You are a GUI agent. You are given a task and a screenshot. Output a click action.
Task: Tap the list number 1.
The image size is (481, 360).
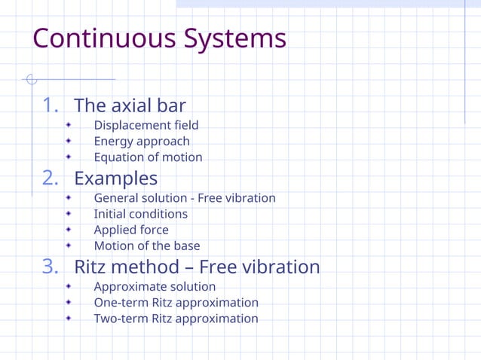[51, 105]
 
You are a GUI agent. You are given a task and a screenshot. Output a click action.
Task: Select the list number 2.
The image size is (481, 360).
[51, 178]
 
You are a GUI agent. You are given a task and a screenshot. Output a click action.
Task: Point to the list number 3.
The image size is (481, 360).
[51, 267]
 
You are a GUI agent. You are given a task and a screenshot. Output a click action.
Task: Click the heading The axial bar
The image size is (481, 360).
[130, 105]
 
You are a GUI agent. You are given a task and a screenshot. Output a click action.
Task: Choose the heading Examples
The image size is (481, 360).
[115, 178]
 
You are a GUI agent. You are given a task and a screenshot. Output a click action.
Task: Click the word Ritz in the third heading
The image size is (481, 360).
[94, 267]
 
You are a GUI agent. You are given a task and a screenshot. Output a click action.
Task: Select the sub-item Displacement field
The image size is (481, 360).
[146, 125]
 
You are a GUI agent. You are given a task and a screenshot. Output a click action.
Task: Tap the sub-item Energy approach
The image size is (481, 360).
[142, 141]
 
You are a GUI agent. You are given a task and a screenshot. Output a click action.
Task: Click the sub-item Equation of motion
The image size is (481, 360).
[148, 157]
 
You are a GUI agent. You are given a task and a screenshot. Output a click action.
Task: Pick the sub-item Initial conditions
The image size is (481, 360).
[140, 214]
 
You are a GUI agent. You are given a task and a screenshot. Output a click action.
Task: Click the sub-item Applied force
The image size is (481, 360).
[131, 230]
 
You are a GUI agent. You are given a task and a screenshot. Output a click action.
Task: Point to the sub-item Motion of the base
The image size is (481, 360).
[147, 246]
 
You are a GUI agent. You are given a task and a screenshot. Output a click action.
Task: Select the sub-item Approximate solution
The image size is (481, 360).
[155, 287]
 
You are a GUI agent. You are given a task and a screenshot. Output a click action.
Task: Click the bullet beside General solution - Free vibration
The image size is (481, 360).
[69, 198]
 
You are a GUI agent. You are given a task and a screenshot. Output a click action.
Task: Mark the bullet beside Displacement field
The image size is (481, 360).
[69, 125]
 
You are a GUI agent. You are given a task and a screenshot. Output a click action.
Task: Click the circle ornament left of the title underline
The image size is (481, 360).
[31, 79]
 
